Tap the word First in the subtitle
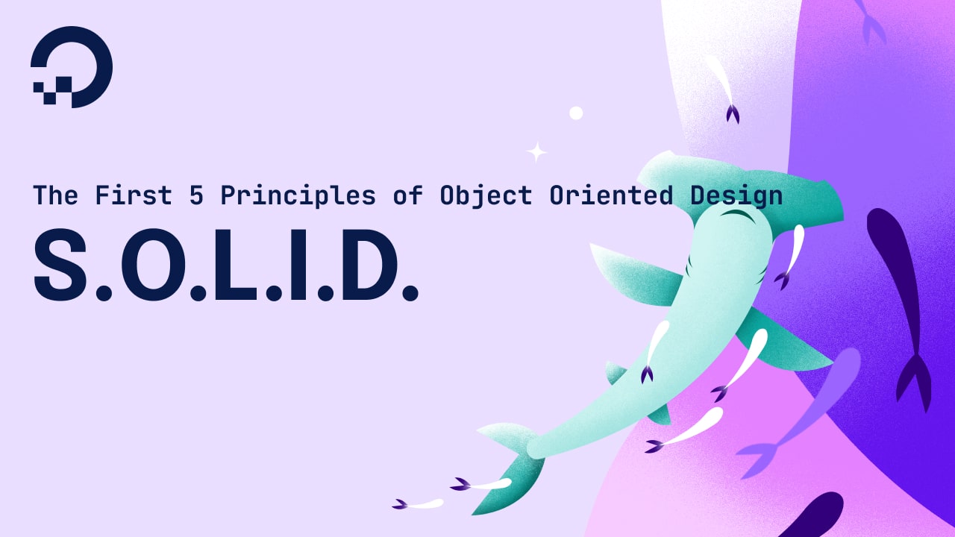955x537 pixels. click(x=126, y=195)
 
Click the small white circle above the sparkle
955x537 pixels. click(x=576, y=113)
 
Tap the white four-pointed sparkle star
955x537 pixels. click(x=536, y=152)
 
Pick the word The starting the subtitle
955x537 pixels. click(x=55, y=195)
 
